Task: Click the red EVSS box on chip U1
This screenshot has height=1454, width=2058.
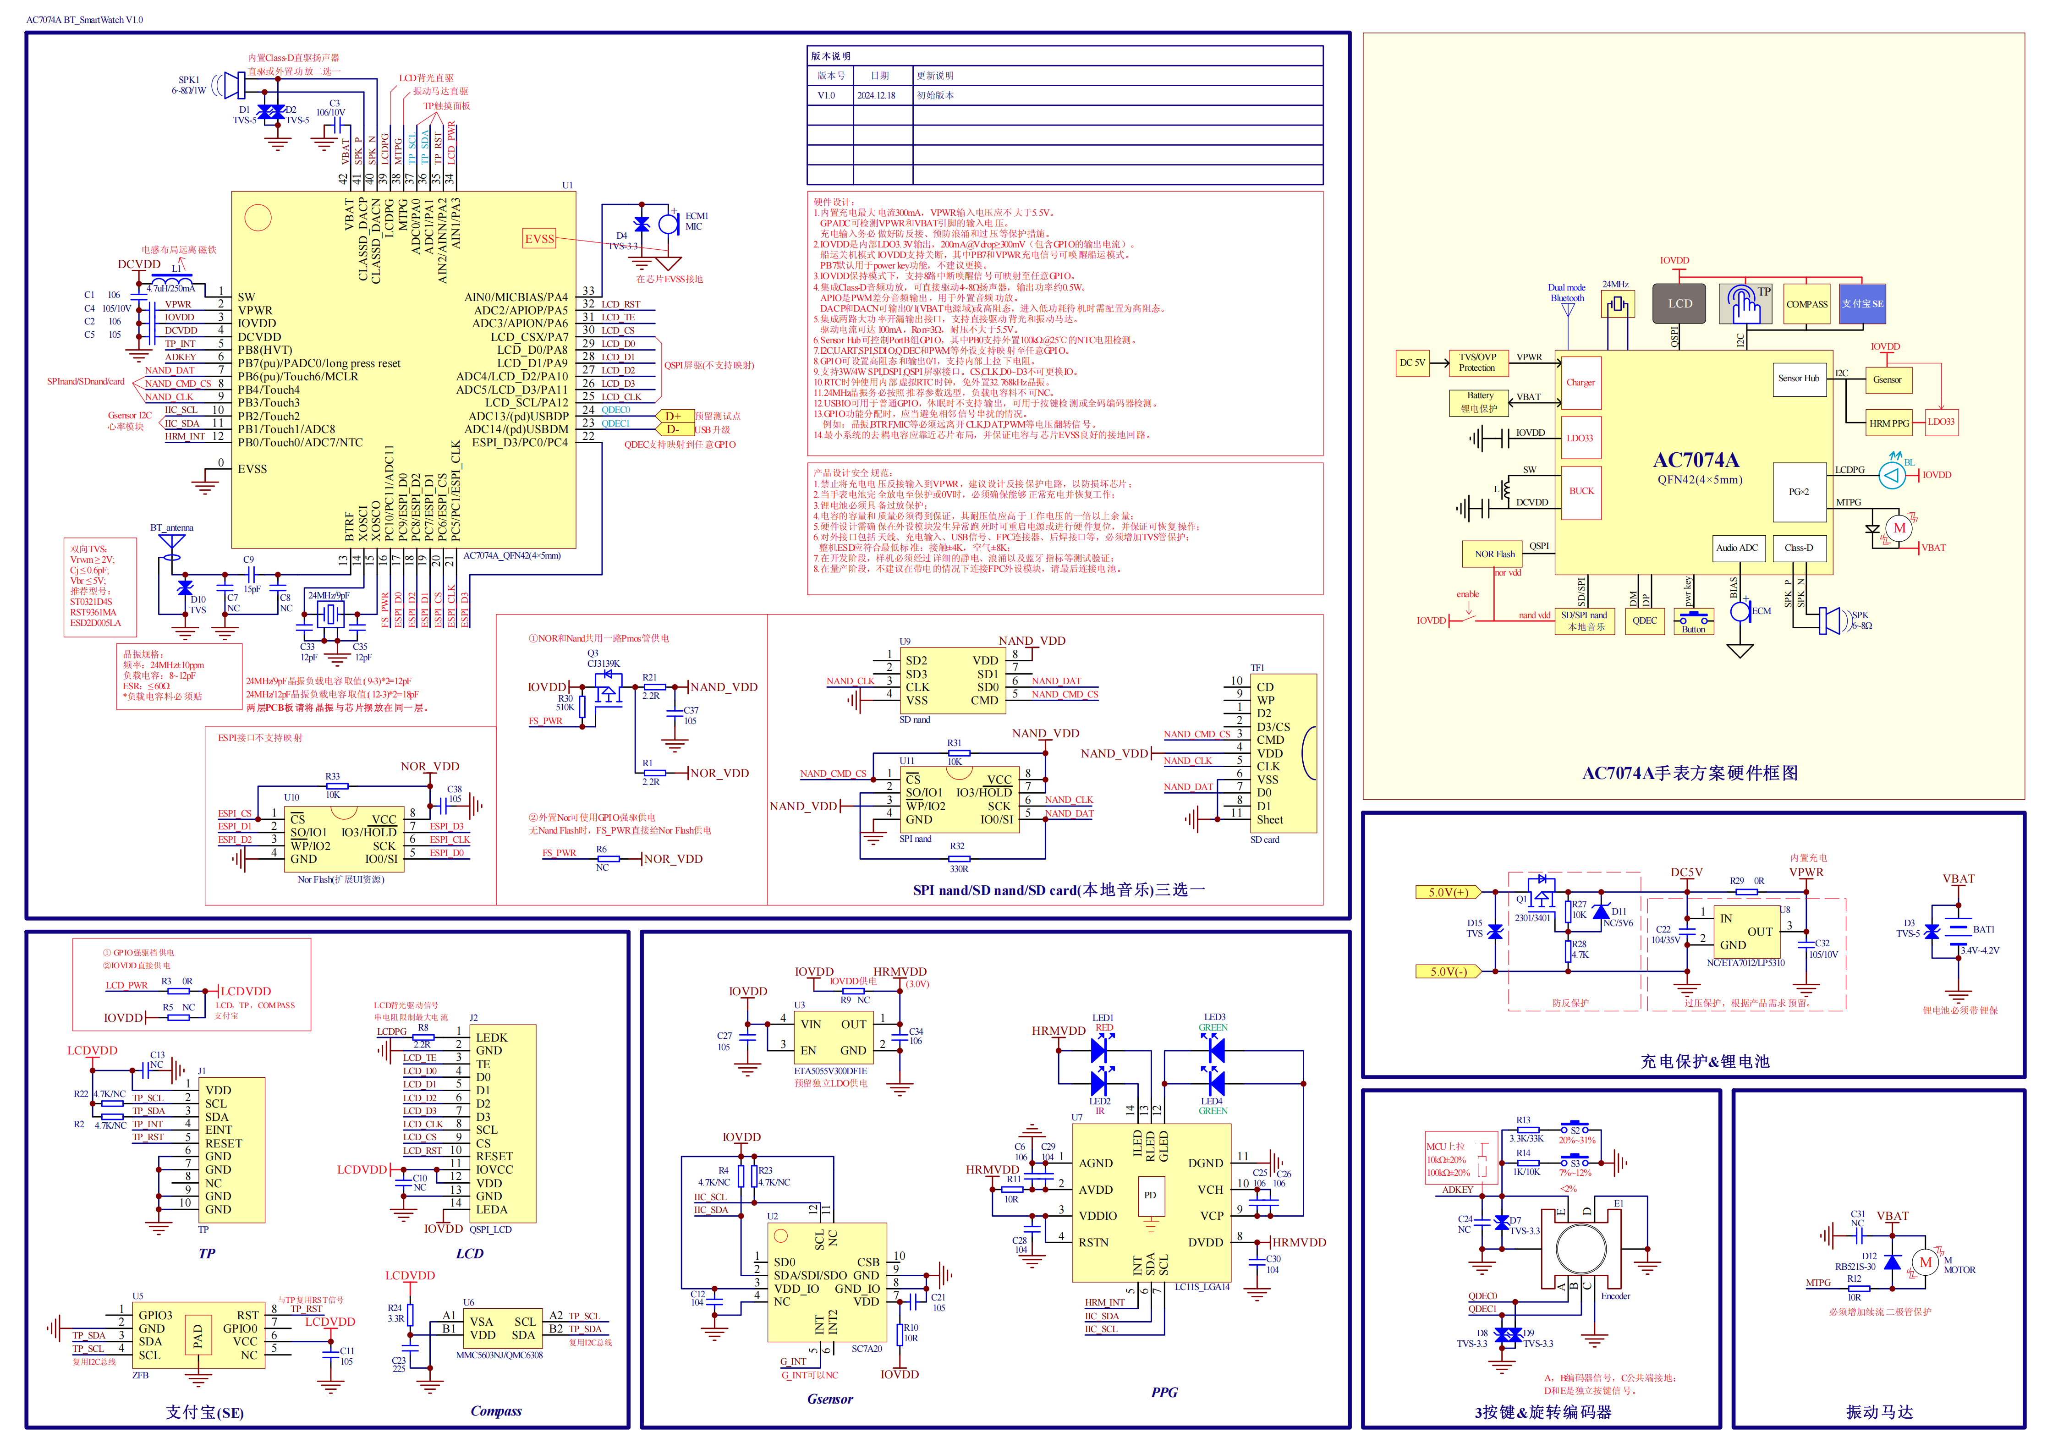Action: tap(540, 238)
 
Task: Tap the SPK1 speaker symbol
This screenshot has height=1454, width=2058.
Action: tap(233, 86)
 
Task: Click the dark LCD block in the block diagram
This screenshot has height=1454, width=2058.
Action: tap(1680, 304)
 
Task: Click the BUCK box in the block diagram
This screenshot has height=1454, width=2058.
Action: tap(1581, 491)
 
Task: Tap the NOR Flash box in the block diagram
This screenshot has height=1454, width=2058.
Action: tap(1494, 554)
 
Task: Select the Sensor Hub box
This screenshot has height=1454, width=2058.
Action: tap(1798, 379)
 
